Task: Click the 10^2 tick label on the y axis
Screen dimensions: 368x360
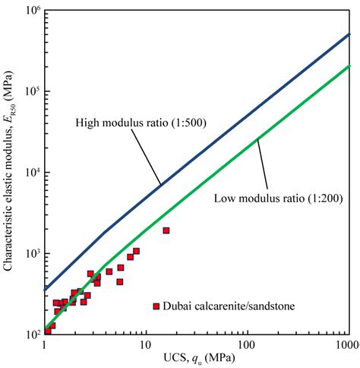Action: [30, 334]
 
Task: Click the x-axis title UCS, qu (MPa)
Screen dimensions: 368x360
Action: [196, 358]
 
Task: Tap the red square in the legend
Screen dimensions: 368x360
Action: [156, 306]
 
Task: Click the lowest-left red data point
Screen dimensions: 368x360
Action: [47, 332]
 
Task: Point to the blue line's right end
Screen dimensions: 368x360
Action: [349, 34]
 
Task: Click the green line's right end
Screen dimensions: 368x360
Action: [349, 66]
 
